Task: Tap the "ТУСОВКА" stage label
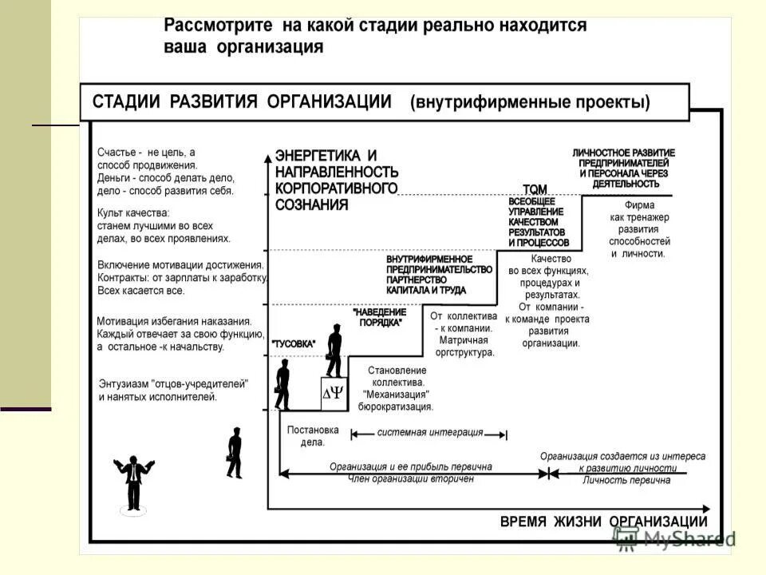[294, 343]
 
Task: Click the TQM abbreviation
[535, 189]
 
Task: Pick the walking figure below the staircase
[234, 453]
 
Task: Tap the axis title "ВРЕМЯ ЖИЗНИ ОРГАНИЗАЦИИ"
[603, 521]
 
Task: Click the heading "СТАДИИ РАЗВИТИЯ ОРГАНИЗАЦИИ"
[242, 102]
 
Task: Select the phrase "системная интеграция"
[429, 433]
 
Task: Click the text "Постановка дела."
[313, 436]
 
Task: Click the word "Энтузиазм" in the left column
[124, 383]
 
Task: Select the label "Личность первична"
[626, 480]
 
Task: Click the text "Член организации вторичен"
[411, 479]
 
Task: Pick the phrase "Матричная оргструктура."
[466, 346]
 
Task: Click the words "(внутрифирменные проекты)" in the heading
[530, 102]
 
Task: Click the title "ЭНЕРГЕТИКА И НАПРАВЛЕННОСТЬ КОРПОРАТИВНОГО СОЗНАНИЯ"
[336, 179]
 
